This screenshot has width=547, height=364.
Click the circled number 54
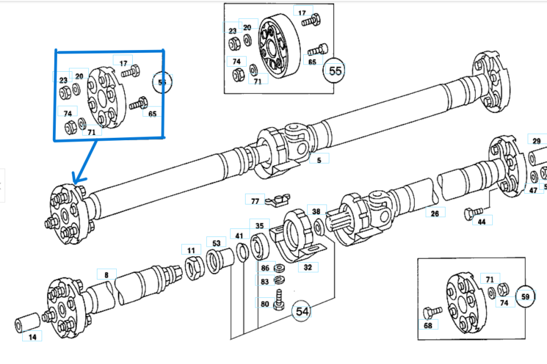[x=302, y=311]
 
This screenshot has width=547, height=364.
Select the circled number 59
[x=525, y=296]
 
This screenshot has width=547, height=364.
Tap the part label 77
[x=255, y=201]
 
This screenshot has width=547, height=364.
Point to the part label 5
[x=319, y=160]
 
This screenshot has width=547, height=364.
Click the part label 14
[x=32, y=337]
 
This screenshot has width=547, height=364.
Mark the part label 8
[x=106, y=274]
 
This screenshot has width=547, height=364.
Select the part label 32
[x=308, y=267]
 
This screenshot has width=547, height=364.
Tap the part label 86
[x=265, y=268]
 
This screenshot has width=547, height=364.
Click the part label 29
[x=536, y=141]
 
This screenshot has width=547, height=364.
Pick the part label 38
[x=317, y=211]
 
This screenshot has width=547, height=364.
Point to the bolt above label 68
[x=432, y=312]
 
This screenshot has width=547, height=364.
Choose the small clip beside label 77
[x=278, y=201]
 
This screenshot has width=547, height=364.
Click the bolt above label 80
[x=279, y=300]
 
